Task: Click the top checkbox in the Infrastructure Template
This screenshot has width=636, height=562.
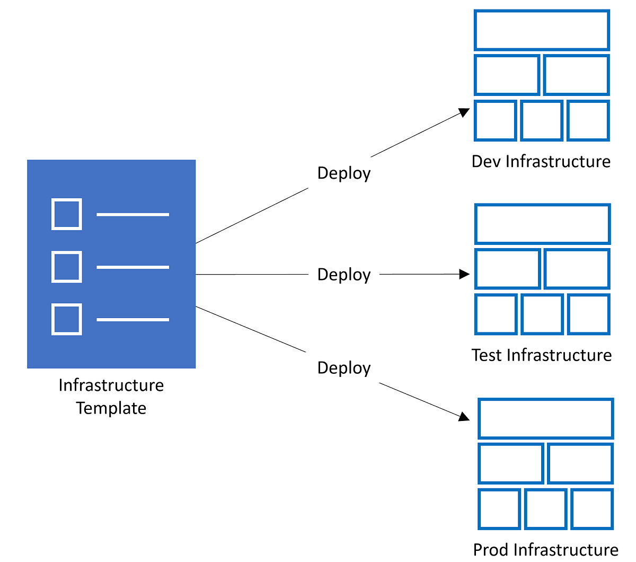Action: tap(67, 214)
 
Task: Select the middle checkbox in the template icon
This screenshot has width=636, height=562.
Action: tap(67, 267)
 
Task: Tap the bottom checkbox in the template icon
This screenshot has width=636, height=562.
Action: tap(67, 319)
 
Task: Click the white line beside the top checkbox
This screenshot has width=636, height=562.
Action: tap(132, 214)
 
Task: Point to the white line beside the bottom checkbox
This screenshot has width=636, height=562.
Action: tap(132, 320)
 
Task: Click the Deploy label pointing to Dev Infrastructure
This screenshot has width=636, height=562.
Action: tap(343, 173)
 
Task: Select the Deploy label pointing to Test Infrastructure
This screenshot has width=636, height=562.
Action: tap(343, 275)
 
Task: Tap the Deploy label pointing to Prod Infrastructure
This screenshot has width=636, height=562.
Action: tap(343, 368)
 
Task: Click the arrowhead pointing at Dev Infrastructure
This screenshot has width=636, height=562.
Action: tap(465, 112)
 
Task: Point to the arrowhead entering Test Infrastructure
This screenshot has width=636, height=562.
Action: tap(465, 274)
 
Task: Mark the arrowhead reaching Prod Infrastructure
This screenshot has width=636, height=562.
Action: tap(464, 417)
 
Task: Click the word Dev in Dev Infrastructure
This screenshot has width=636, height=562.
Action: tap(486, 161)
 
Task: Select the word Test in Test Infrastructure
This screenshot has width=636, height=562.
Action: tap(487, 355)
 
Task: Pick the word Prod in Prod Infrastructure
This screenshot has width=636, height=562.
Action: tap(491, 549)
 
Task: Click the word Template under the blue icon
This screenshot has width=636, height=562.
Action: tap(111, 408)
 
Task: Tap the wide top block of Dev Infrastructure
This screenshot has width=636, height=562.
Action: tap(542, 30)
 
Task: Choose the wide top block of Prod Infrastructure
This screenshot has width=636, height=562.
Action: tap(545, 418)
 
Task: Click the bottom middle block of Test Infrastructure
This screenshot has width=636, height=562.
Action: tap(542, 314)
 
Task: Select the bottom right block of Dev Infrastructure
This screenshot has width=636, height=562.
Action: tap(588, 120)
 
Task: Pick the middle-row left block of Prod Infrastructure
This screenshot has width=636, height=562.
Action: tap(511, 463)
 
